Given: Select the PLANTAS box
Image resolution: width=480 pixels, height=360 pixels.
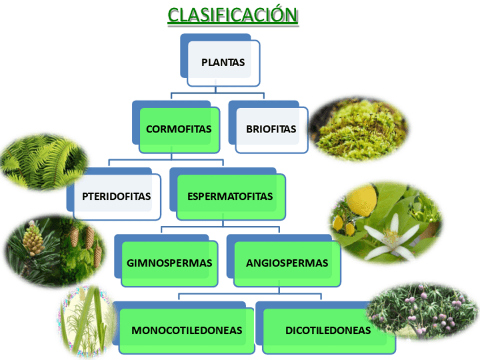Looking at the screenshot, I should pyautogui.click(x=223, y=62).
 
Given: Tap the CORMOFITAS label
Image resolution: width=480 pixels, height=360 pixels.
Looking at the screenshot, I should pyautogui.click(x=178, y=129).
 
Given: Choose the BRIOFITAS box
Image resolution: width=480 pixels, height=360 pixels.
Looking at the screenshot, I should pyautogui.click(x=271, y=129).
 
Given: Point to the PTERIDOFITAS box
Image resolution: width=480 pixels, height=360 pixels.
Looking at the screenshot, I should pyautogui.click(x=117, y=197).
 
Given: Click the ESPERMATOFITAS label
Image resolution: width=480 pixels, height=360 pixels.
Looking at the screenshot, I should pyautogui.click(x=230, y=197).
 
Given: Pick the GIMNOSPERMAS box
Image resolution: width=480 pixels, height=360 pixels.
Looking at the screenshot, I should pyautogui.click(x=169, y=263).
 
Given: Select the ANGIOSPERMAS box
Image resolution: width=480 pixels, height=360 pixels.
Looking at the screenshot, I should pyautogui.click(x=286, y=263).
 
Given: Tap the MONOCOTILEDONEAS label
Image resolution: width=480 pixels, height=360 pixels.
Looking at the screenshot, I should pyautogui.click(x=187, y=330).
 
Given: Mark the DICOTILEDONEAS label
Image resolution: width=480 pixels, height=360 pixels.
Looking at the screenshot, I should pyautogui.click(x=328, y=330).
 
